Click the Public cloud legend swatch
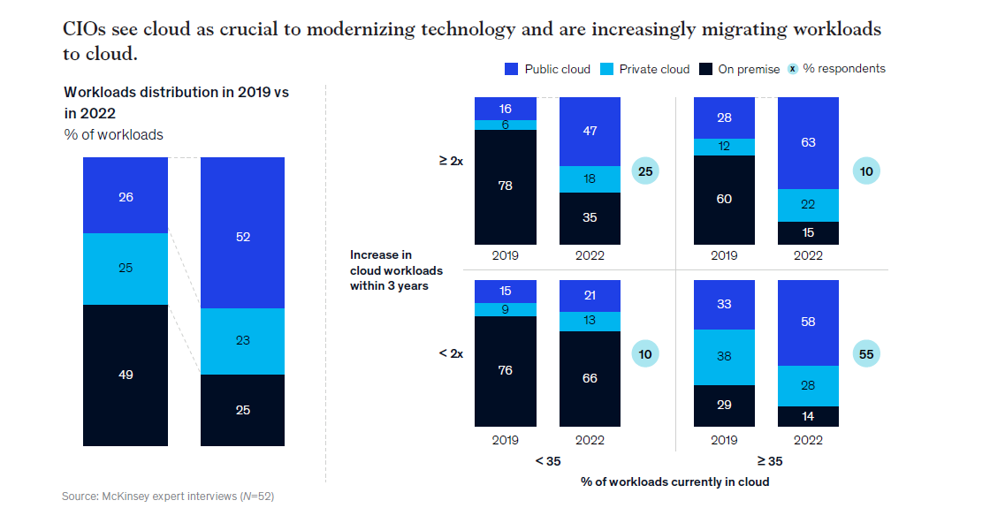pos(511,69)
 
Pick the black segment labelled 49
pos(126,375)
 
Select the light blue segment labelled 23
pos(242,341)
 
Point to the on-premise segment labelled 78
pos(505,186)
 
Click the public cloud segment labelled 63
pos(808,142)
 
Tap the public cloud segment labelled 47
pos(590,131)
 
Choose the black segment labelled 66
pos(590,378)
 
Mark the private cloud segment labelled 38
pos(724,357)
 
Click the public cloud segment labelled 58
pos(808,322)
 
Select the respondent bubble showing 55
pos(866,354)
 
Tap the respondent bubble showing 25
pos(645,171)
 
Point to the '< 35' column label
pos(547,460)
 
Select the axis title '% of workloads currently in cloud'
pos(674,481)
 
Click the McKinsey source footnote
pos(174,497)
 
